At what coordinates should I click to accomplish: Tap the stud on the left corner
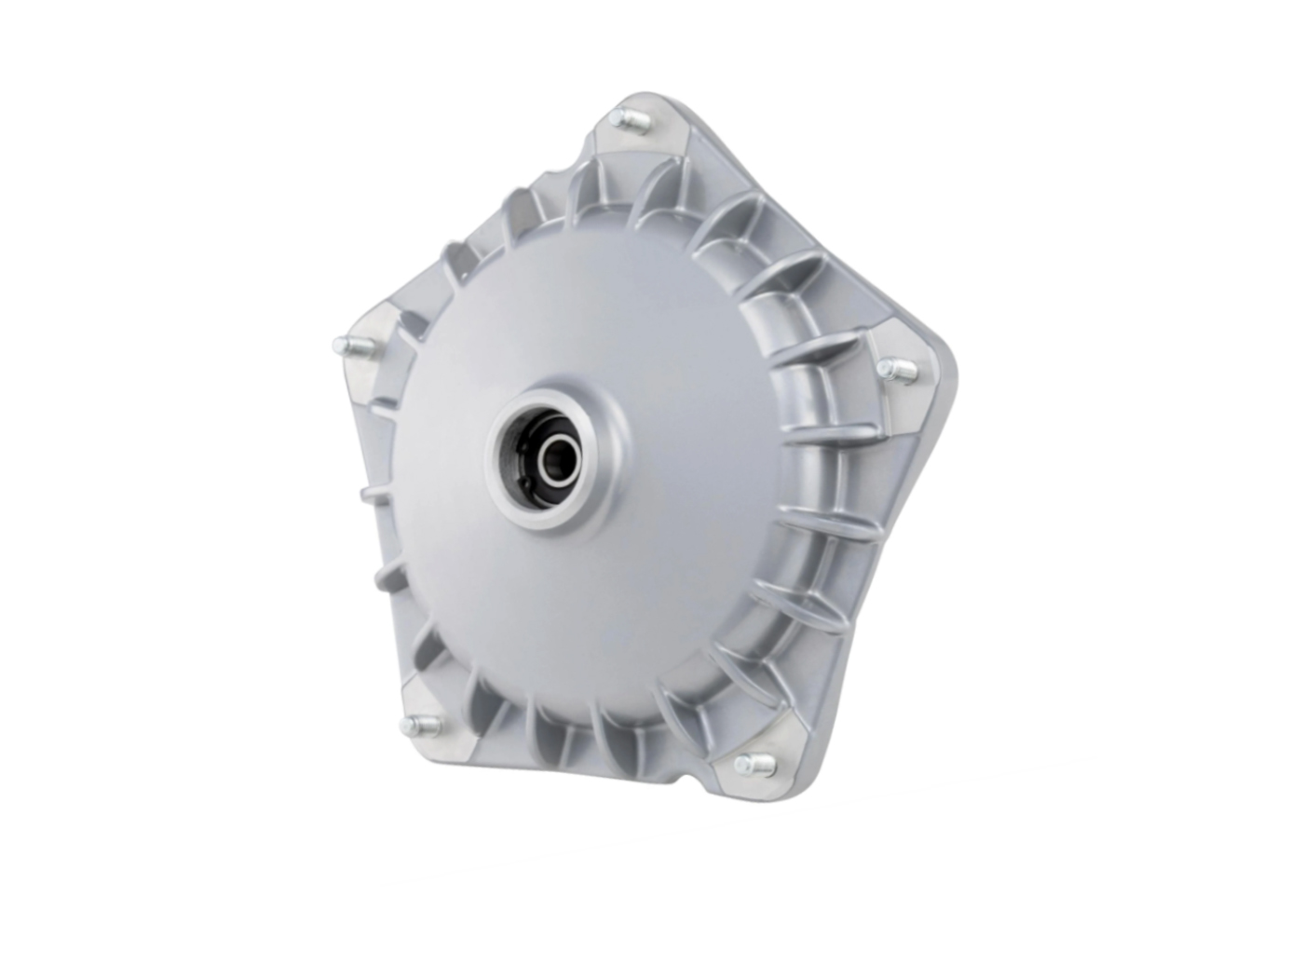click(x=346, y=346)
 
